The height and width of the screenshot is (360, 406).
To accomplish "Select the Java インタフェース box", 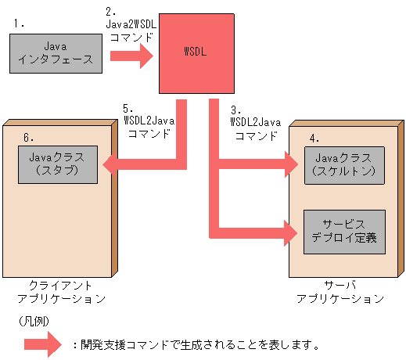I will pos(55,53).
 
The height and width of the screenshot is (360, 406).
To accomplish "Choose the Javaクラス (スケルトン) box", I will pos(344,164).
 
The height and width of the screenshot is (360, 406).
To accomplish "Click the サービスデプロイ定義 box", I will pos(344,232).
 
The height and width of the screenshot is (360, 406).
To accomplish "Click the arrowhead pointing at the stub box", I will pos(111,164).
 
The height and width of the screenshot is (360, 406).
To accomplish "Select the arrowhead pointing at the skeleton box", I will pos(292,164).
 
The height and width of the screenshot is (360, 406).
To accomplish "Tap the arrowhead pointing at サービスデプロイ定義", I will pos(292,232).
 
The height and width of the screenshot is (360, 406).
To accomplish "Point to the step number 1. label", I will pos(20,24).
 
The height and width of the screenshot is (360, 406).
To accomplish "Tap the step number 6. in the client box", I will pos(29,138).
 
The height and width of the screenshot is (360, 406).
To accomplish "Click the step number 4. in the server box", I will pos(314,138).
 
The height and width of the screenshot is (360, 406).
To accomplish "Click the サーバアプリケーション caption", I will pos(342,293).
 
